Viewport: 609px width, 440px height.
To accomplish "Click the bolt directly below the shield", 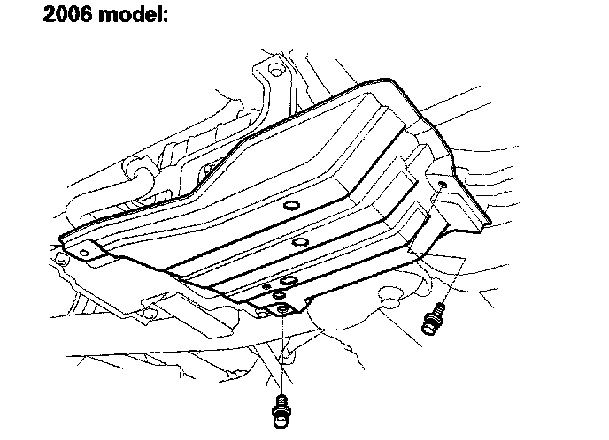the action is (281, 410).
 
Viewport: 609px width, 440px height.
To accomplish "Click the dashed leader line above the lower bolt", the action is (281, 353).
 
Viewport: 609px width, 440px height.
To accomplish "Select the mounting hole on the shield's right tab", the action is (440, 183).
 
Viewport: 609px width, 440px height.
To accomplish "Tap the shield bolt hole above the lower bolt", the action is (282, 309).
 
